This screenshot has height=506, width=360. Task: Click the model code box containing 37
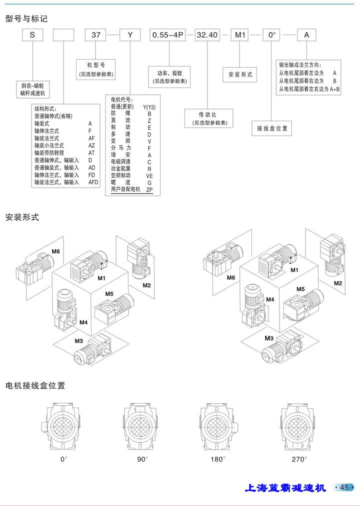pyautogui.click(x=95, y=36)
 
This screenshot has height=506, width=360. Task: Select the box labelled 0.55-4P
pyautogui.click(x=167, y=36)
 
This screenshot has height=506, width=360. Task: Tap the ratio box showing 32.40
pyautogui.click(x=207, y=36)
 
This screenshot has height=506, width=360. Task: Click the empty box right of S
pyautogui.click(x=63, y=36)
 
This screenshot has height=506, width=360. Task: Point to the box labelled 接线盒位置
pyautogui.click(x=272, y=129)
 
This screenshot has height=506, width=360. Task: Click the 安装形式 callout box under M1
pyautogui.click(x=241, y=75)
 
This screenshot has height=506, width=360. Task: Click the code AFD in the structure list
pyautogui.click(x=93, y=183)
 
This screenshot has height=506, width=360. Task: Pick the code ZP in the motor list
pyautogui.click(x=149, y=190)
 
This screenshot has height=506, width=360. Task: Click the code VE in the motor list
pyautogui.click(x=149, y=176)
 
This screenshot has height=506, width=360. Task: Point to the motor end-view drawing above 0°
pyautogui.click(x=63, y=427)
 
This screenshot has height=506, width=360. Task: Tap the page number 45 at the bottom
pyautogui.click(x=344, y=487)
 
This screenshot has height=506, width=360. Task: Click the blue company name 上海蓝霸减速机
pyautogui.click(x=285, y=487)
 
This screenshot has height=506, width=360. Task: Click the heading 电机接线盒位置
pyautogui.click(x=35, y=386)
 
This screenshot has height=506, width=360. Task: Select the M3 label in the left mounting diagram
pyautogui.click(x=79, y=341)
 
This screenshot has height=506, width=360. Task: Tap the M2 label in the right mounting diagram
pyautogui.click(x=338, y=283)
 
